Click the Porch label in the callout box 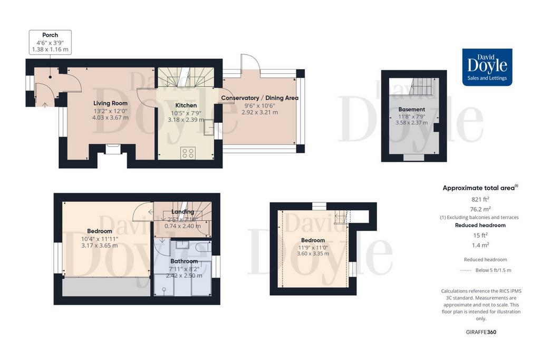coord(50,35)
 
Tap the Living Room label coord(110,103)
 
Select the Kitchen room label coord(186,105)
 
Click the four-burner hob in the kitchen coord(188,153)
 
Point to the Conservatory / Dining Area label coord(259,98)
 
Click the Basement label coord(411,110)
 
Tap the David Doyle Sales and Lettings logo coord(487,67)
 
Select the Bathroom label coord(184,261)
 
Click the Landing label coord(182,212)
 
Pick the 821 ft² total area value coord(480,199)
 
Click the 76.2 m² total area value coord(480,209)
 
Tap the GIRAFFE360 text coord(481,332)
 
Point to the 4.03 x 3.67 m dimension coord(110,118)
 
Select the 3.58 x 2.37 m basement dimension coord(411,122)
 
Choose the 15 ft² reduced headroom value coord(480,236)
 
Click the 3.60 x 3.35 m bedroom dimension coord(313,254)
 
